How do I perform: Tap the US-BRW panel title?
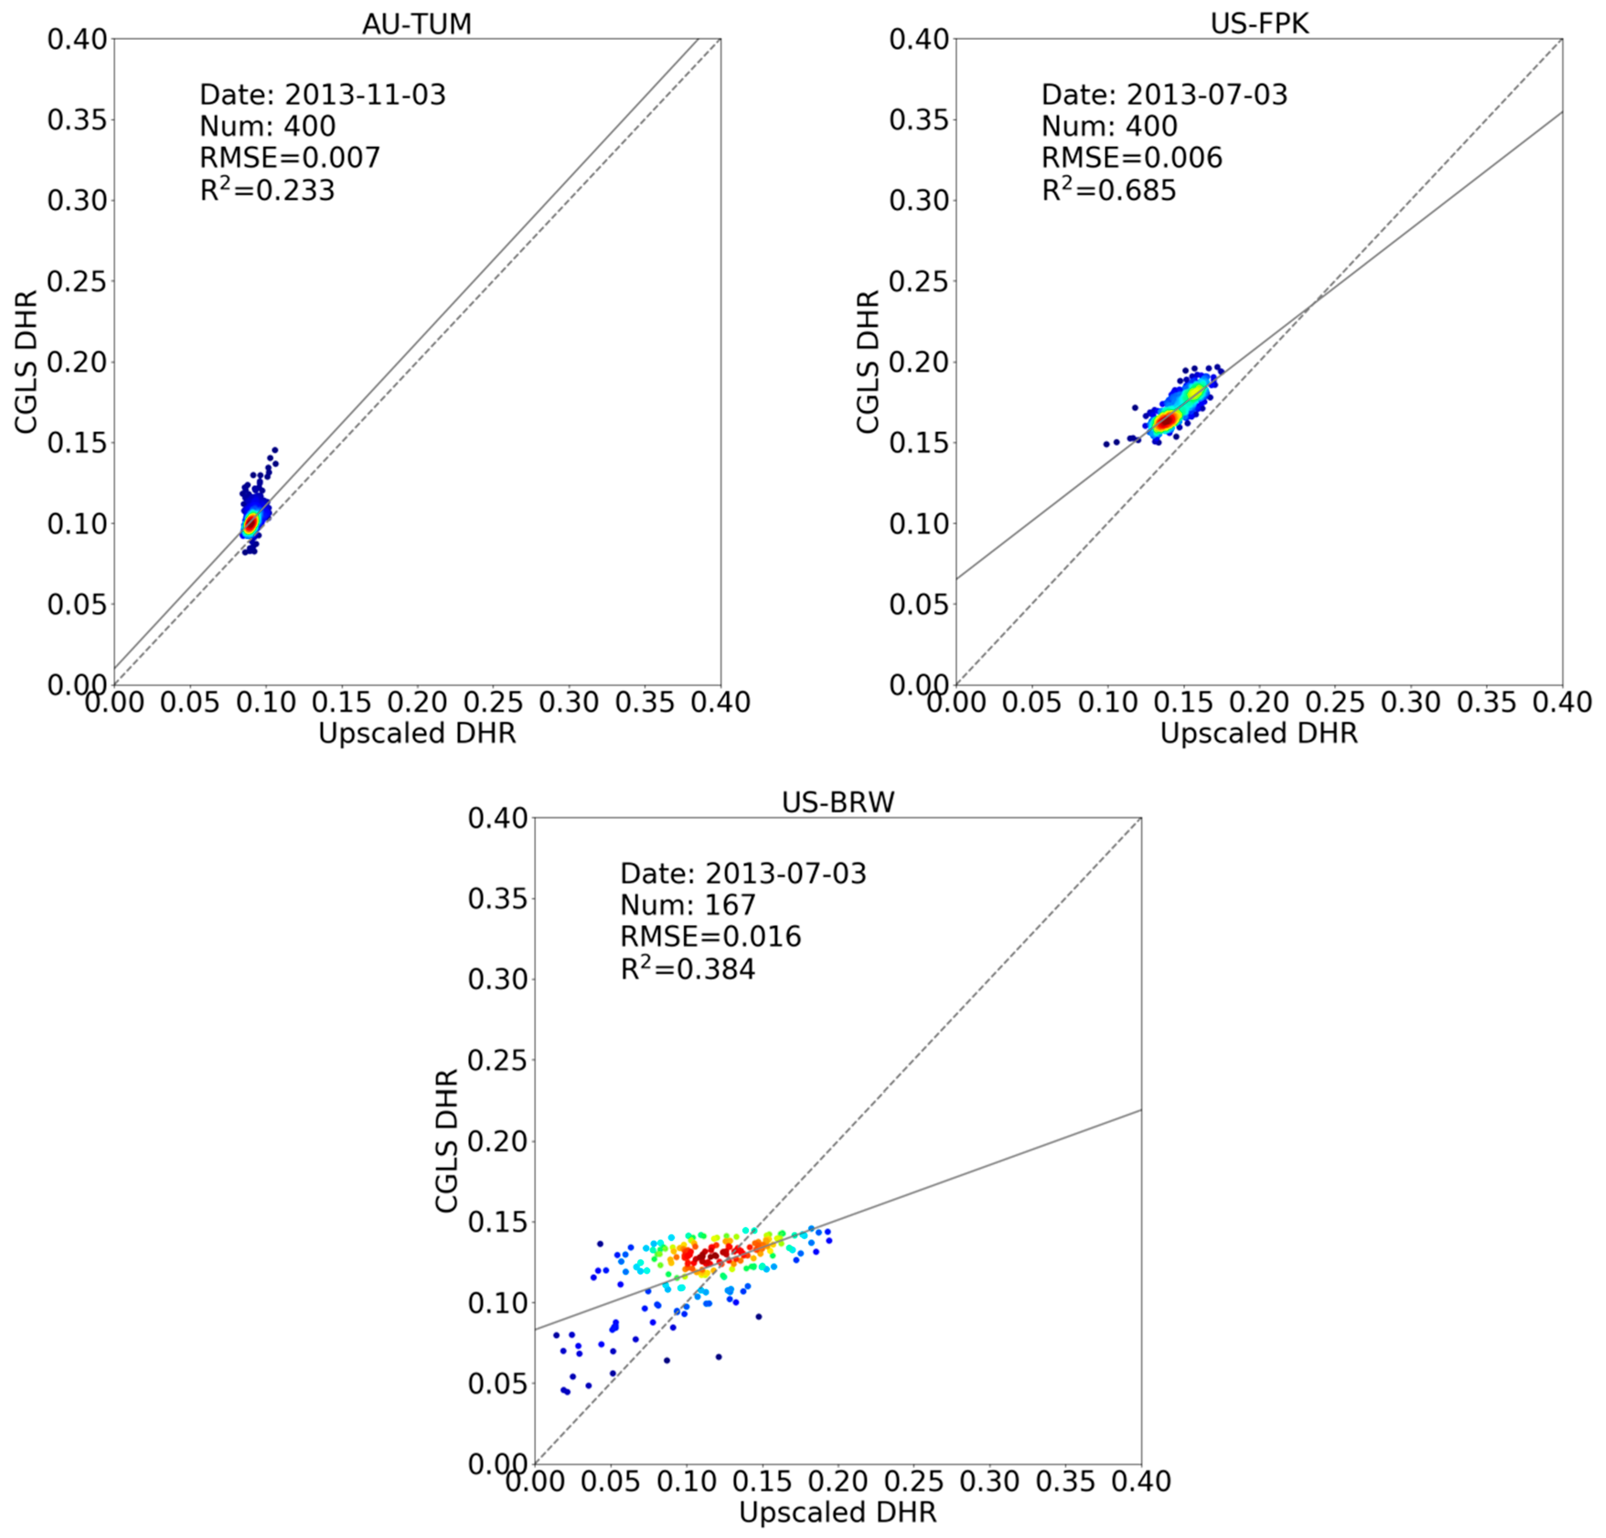click(838, 802)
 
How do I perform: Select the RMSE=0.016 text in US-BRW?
click(710, 937)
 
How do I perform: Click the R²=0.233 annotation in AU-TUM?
click(267, 190)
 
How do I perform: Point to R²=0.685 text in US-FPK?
click(1109, 190)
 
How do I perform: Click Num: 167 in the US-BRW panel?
click(688, 905)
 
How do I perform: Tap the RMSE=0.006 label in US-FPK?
click(1131, 157)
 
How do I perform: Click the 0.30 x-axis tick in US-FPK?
click(1412, 702)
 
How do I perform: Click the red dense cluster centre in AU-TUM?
click(251, 522)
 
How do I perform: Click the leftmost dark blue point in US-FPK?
click(1106, 444)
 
